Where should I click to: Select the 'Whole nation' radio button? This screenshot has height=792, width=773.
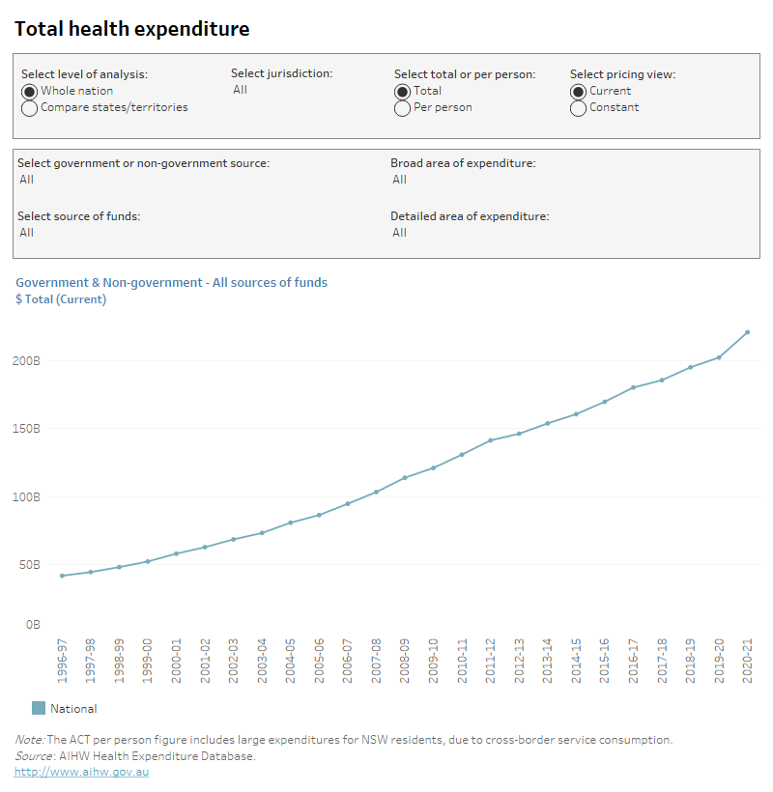click(x=29, y=91)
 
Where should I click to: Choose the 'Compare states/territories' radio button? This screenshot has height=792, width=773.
click(x=29, y=108)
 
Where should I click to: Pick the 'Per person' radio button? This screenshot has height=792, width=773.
click(x=402, y=108)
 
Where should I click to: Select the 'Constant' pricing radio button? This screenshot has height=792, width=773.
click(x=578, y=108)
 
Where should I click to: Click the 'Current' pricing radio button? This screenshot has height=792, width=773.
click(x=578, y=91)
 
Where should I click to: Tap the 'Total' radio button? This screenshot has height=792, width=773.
click(x=402, y=91)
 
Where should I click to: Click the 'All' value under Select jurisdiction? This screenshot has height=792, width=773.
click(x=241, y=90)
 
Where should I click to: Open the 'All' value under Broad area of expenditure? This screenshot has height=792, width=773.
click(x=399, y=180)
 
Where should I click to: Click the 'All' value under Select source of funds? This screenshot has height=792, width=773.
click(x=26, y=233)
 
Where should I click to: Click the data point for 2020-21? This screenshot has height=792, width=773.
click(x=747, y=332)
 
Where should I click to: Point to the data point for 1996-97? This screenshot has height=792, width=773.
click(x=62, y=576)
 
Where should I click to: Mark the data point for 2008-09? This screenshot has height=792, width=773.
click(x=405, y=477)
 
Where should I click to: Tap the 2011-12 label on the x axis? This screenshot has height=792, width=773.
click(x=491, y=661)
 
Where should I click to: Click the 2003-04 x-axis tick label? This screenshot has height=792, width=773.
click(x=262, y=661)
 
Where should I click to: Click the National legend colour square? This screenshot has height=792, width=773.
click(x=39, y=708)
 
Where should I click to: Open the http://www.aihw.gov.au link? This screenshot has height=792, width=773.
click(x=81, y=772)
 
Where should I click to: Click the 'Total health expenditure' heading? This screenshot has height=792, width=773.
click(x=131, y=29)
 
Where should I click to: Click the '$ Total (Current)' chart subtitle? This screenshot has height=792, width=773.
click(x=61, y=299)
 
